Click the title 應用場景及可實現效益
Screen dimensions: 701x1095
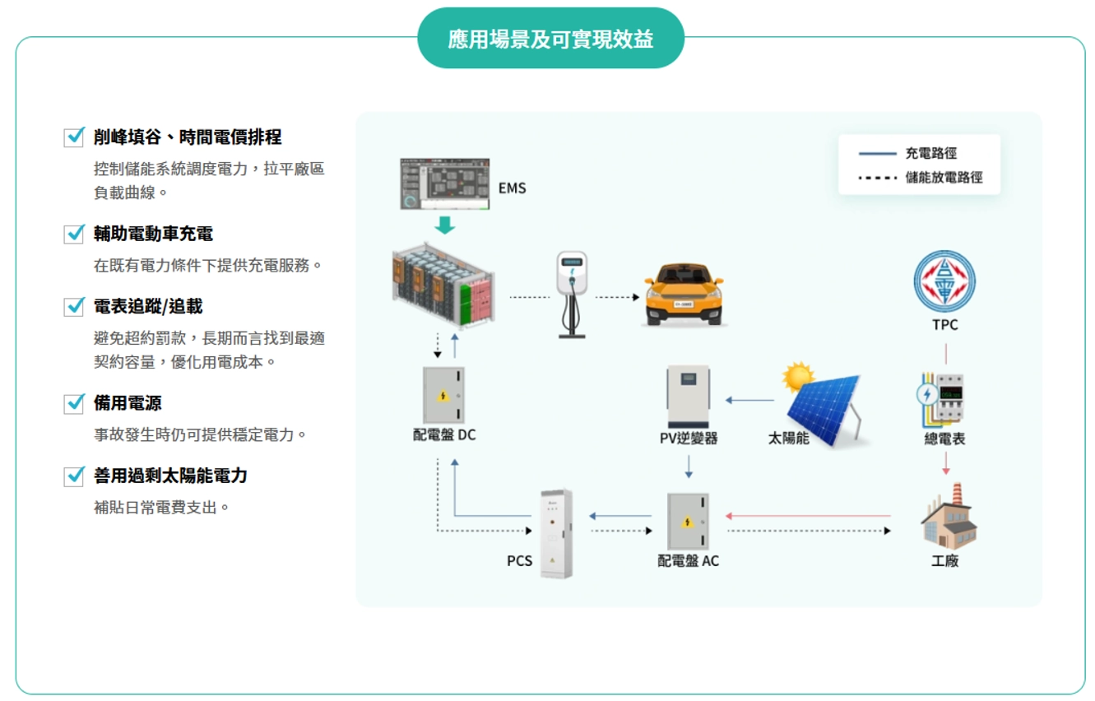tap(550, 39)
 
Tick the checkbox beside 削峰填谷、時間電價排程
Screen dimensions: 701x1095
tap(74, 137)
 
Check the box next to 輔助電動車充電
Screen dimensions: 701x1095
tap(74, 234)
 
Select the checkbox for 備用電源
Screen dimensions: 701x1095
tap(74, 403)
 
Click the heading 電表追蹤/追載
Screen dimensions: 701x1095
tap(148, 306)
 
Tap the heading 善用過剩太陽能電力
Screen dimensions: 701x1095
tap(170, 476)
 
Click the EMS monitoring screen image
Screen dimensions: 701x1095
tap(444, 183)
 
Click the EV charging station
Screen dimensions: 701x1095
tap(572, 293)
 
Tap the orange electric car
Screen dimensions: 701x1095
tap(684, 293)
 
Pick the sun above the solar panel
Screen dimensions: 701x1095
tap(796, 378)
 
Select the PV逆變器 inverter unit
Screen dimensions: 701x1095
tap(689, 397)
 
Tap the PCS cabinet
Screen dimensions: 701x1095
tap(556, 533)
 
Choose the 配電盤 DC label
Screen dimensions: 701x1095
tap(444, 434)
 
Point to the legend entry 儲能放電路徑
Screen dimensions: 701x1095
tap(944, 178)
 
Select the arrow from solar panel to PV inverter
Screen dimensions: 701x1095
tap(749, 401)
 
